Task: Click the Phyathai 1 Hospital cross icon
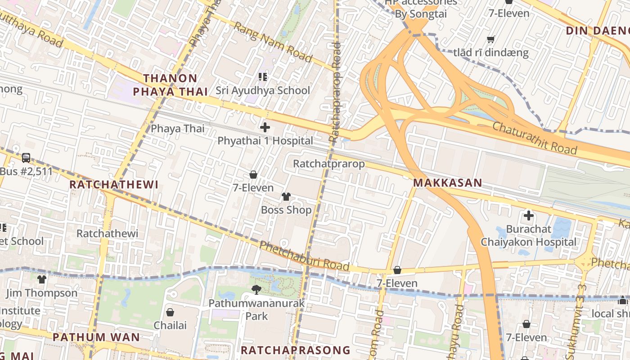point(265,127)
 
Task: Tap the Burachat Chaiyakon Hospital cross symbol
point(529,216)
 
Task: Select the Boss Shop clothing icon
point(286,196)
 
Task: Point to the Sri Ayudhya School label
point(263,90)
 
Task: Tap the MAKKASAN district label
point(447,183)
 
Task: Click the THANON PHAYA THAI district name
point(171,85)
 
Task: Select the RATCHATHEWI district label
point(114,184)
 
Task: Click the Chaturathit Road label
point(534,138)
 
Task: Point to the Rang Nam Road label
point(273,42)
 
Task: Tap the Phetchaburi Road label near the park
point(304,256)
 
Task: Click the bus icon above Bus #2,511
point(26,158)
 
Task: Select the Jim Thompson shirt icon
point(42,279)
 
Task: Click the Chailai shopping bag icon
point(170,312)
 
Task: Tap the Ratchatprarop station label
point(328,163)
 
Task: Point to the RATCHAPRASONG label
point(295,350)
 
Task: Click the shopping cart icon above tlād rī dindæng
point(491,39)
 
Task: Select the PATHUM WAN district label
point(96,337)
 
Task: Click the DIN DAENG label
point(598,31)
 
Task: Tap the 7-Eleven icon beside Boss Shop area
point(253,175)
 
